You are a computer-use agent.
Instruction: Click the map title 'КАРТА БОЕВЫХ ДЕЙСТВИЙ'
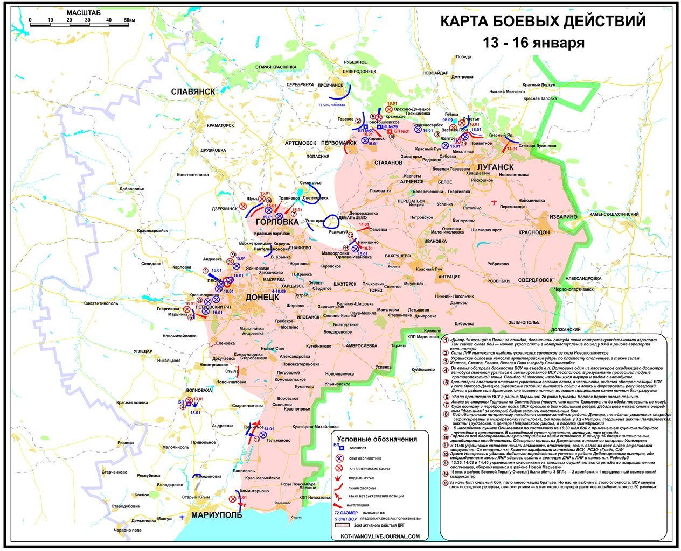pos(543,22)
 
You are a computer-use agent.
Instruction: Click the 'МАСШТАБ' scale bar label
pos(81,12)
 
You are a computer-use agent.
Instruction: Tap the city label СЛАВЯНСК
pos(193,91)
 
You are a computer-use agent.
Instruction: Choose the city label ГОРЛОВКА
pos(276,222)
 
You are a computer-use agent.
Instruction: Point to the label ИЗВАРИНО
pos(564,217)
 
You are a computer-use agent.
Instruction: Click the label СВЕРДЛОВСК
pos(536,280)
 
